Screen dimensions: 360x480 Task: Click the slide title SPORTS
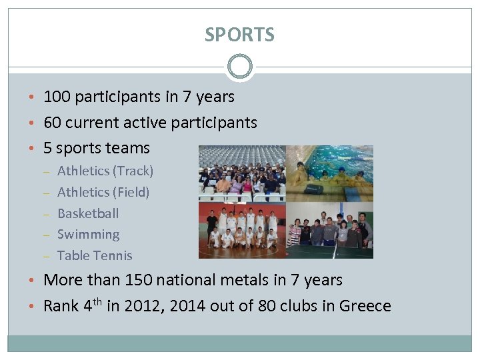[239, 35]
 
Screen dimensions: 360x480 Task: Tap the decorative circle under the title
[239, 67]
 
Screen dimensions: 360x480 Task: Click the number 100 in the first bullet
[57, 97]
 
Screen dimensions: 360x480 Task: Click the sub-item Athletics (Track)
[105, 171]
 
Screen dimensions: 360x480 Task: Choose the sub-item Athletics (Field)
[103, 193]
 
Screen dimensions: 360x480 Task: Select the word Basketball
[88, 214]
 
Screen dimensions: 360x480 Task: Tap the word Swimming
[89, 235]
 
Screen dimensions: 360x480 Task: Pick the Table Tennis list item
[95, 256]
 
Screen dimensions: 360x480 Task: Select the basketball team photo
[242, 230]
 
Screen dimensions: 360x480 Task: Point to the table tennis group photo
[329, 230]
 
